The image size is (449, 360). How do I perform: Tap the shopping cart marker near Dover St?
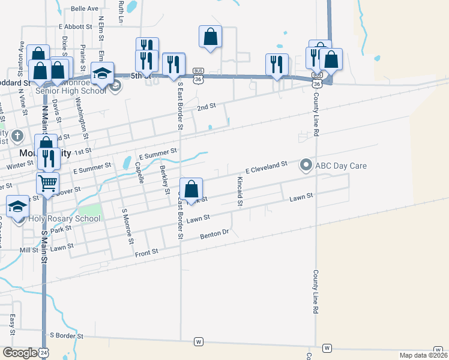click(47, 182)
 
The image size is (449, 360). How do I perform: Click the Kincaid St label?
click(240, 191)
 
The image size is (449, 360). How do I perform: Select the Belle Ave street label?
click(84, 9)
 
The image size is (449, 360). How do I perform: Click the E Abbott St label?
click(75, 26)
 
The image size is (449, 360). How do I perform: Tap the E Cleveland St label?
click(267, 165)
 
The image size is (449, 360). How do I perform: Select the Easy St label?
click(12, 320)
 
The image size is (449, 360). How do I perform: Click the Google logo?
click(20, 352)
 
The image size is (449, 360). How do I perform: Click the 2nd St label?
click(206, 107)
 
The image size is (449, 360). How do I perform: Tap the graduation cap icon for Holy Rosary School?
click(18, 206)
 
